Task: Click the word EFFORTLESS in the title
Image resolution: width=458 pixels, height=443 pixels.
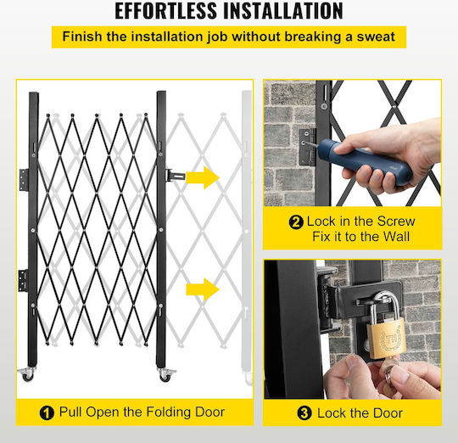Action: [165, 11]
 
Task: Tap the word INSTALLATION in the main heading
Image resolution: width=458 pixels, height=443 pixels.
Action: [283, 11]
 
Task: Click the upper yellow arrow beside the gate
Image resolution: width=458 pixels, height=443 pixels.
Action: [203, 177]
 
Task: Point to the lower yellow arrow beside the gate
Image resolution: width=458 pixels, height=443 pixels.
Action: [203, 289]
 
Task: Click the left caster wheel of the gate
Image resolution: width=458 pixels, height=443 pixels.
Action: [27, 374]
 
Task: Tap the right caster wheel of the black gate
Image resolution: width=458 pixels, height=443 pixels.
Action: [166, 375]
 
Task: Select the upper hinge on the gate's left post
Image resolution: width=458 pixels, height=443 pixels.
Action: [24, 179]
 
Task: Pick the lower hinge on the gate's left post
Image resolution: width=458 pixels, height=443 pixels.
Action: [23, 281]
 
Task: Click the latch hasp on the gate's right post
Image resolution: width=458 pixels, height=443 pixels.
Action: [176, 176]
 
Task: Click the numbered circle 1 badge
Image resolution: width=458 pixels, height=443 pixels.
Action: [47, 413]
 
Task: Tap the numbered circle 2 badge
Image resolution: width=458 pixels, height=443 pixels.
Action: [296, 222]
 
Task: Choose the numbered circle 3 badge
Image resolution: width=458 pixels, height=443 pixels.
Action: [304, 413]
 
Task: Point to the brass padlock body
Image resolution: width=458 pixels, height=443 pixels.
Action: [387, 339]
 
